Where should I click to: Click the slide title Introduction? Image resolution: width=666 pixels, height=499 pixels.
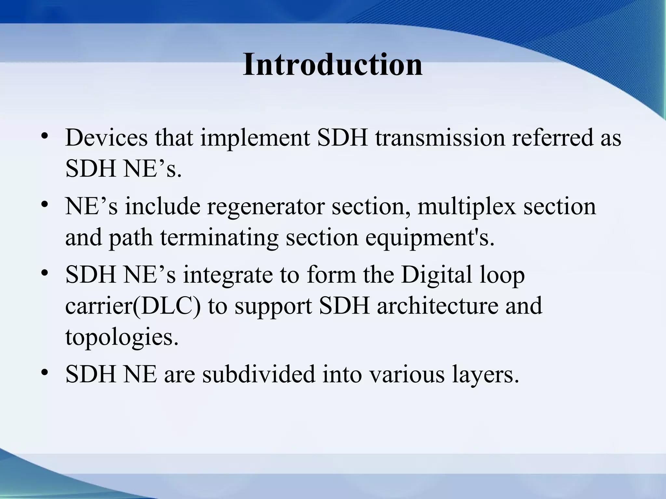click(x=332, y=65)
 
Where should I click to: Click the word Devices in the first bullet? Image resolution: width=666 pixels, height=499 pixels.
click(x=106, y=138)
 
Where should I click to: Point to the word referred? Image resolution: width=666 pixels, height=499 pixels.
click(x=551, y=138)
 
